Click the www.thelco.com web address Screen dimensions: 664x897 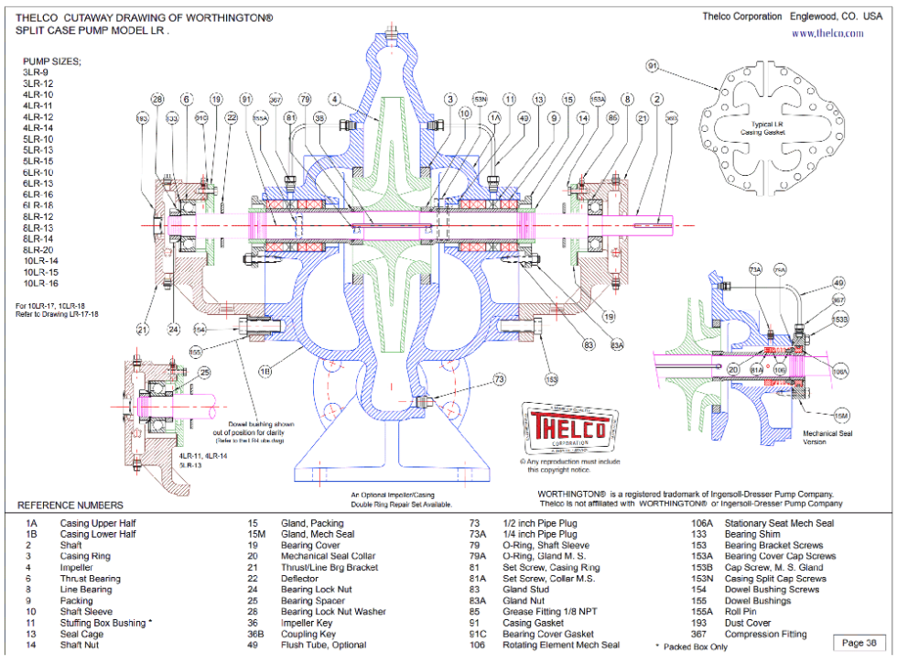click(x=827, y=33)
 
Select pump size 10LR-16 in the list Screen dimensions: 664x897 click(x=40, y=284)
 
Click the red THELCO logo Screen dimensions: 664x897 click(x=561, y=429)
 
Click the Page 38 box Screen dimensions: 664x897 click(x=859, y=642)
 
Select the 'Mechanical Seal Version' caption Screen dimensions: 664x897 click(x=828, y=436)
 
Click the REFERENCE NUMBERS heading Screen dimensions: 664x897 click(x=70, y=505)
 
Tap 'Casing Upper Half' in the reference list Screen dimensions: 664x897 click(x=98, y=523)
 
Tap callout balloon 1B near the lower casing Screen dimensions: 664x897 click(x=265, y=371)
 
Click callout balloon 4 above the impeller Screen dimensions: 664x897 click(x=336, y=98)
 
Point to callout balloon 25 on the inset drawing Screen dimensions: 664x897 click(x=204, y=372)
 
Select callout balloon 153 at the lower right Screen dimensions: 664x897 click(x=551, y=377)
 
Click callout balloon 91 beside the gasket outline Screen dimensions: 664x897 click(x=653, y=67)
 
